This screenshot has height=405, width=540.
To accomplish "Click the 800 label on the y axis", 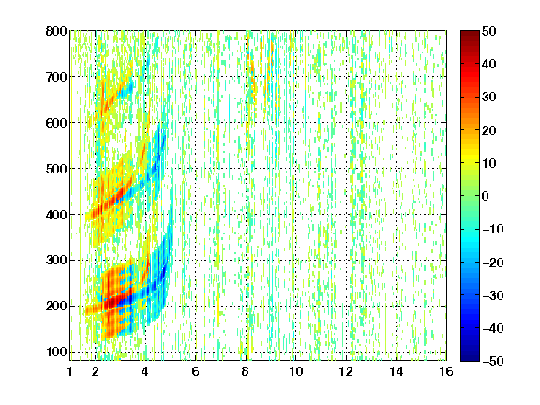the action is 56,31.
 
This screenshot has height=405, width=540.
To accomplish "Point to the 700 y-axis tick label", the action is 56,77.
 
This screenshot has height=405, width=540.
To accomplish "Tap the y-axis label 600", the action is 56,123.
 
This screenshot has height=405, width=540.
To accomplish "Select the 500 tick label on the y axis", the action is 56,169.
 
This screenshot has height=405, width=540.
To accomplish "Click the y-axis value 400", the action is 56,215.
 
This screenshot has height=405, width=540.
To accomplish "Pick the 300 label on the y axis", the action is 56,260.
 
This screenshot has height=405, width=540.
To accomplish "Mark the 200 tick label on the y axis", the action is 56,306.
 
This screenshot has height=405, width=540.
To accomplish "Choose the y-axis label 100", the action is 56,352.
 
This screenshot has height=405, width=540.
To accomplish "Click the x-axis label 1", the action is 70,371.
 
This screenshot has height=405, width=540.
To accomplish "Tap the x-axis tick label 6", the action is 196,371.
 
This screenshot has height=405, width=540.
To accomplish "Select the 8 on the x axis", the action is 246,371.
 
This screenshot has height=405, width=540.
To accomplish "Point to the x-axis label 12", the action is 346,371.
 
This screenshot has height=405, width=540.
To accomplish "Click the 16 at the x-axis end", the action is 446,371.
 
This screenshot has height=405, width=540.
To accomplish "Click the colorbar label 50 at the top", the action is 489,31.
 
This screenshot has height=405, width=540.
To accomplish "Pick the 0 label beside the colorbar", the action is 486,196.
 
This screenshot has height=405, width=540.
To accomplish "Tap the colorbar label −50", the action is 492,361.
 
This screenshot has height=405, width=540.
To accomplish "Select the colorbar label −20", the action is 492,262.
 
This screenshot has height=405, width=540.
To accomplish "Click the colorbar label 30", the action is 489,97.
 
